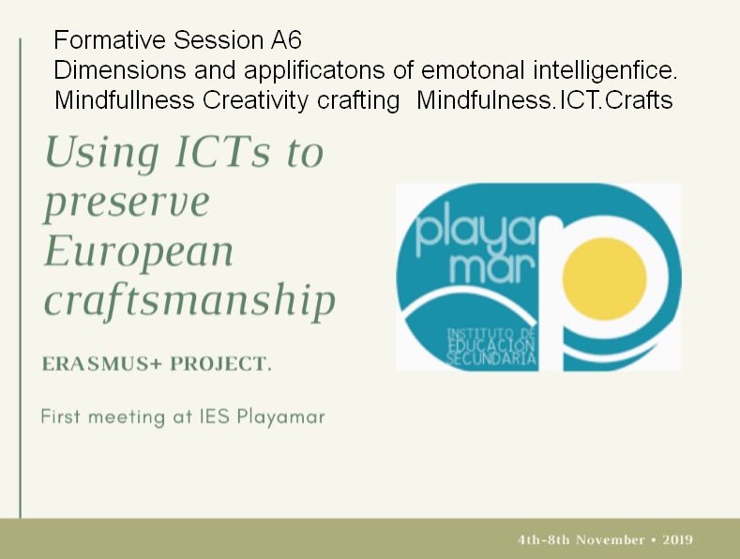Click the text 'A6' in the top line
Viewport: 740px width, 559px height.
click(x=286, y=39)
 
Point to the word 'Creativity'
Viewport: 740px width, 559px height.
click(x=255, y=100)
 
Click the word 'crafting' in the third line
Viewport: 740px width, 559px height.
click(x=358, y=100)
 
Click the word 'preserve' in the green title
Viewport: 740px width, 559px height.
click(x=127, y=203)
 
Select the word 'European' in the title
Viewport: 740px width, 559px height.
click(x=139, y=250)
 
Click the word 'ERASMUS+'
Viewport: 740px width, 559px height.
click(x=102, y=364)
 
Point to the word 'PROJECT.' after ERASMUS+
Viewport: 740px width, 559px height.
click(x=220, y=364)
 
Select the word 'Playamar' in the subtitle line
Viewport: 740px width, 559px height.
click(x=280, y=416)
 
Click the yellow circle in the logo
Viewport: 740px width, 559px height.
click(x=605, y=279)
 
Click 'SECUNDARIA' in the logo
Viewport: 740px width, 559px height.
click(x=491, y=359)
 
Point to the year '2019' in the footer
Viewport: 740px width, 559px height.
click(x=677, y=539)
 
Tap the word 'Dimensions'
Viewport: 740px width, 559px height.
click(x=120, y=71)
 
